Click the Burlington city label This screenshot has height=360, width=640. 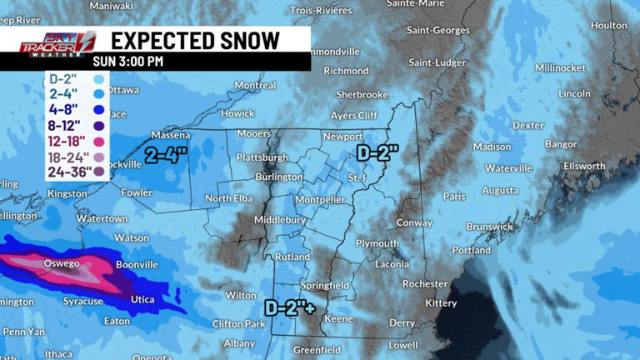pos(279,177)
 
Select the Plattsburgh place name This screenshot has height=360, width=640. pos(262,157)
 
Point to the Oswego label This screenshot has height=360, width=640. pos(62,264)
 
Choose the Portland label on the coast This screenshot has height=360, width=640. pos(472,250)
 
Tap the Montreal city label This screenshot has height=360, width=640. pos(255,85)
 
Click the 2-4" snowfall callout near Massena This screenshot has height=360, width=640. pos(166,154)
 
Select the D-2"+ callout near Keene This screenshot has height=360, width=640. pos(290,307)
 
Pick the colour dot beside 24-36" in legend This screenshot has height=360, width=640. pos(99,172)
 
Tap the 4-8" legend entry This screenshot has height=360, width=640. pos(63,108)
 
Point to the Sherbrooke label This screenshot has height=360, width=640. pos(362,95)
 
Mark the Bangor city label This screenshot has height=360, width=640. pos(561,144)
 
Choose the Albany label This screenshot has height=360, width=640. pos(239,342)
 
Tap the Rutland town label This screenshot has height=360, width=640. pos(292,257)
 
